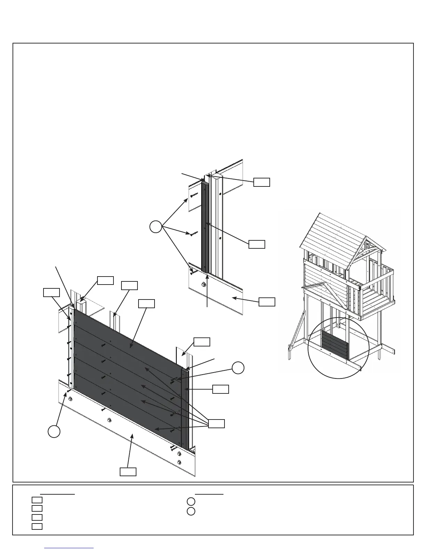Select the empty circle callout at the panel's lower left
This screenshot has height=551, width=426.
[x=54, y=431]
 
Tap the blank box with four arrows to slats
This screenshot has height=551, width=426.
[x=216, y=424]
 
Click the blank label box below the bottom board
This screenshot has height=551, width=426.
[x=128, y=472]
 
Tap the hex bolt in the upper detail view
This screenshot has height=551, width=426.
[x=203, y=285]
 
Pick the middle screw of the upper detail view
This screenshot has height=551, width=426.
[x=193, y=233]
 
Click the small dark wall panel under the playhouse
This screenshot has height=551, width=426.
[x=335, y=345]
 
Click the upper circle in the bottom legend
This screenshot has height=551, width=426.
[x=191, y=502]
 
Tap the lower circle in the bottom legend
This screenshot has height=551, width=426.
[x=191, y=511]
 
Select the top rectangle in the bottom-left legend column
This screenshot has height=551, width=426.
[x=37, y=500]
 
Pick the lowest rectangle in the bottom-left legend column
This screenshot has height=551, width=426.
[x=37, y=526]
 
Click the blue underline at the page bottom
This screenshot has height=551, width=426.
[x=69, y=548]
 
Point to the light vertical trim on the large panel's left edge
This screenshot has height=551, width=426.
[x=71, y=348]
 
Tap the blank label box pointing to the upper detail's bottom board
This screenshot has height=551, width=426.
[x=267, y=302]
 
